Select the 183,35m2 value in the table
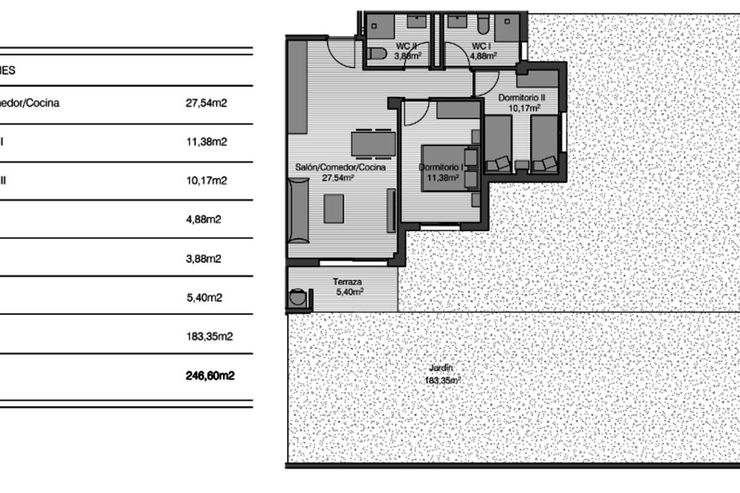pyautogui.click(x=210, y=336)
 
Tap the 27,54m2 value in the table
pyautogui.click(x=207, y=104)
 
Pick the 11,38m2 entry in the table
pyautogui.click(x=207, y=142)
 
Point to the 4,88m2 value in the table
pyautogui.click(x=203, y=219)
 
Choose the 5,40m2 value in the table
pyautogui.click(x=203, y=298)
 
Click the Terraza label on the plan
pyautogui.click(x=347, y=282)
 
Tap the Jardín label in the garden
pyautogui.click(x=442, y=369)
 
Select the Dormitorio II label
pyautogui.click(x=522, y=97)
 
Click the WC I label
pyautogui.click(x=481, y=46)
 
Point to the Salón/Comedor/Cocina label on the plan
pyautogui.click(x=340, y=168)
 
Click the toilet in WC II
pyautogui.click(x=376, y=53)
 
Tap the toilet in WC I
pyautogui.click(x=483, y=25)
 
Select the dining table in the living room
pyautogui.click(x=373, y=144)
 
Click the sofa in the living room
pyautogui.click(x=298, y=210)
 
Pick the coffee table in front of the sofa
pyautogui.click(x=334, y=208)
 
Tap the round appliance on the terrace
pyautogui.click(x=298, y=298)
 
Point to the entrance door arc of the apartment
pyautogui.click(x=340, y=52)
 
